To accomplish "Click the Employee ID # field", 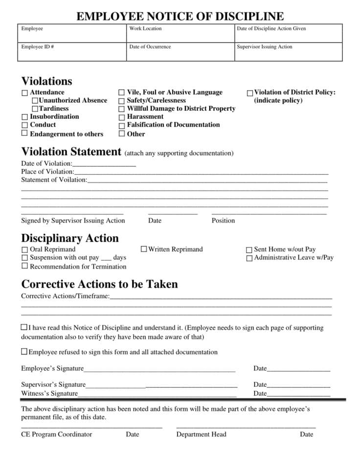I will (x=72, y=52).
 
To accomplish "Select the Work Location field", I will (x=180, y=33).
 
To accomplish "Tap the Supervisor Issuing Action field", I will (x=288, y=52).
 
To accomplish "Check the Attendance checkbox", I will (x=24, y=92).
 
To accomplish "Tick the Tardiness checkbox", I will (x=35, y=109).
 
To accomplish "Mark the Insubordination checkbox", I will (x=24, y=117).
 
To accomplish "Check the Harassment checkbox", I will (x=122, y=117).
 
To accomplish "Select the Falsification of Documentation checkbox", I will (x=122, y=125).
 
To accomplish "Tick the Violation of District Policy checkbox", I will (x=250, y=92).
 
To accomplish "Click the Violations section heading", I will (x=46, y=81).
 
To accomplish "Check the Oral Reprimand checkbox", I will (x=24, y=249).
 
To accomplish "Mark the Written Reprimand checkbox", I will (x=144, y=249).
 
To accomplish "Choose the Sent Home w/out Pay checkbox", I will (x=249, y=249).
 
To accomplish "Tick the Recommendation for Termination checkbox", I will (x=24, y=266).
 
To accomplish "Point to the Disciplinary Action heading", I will (x=69, y=238).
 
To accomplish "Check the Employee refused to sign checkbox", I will (x=24, y=352).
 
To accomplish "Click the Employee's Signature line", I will (x=159, y=369).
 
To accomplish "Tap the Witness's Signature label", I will (x=49, y=393).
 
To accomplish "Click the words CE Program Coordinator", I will (x=56, y=434).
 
